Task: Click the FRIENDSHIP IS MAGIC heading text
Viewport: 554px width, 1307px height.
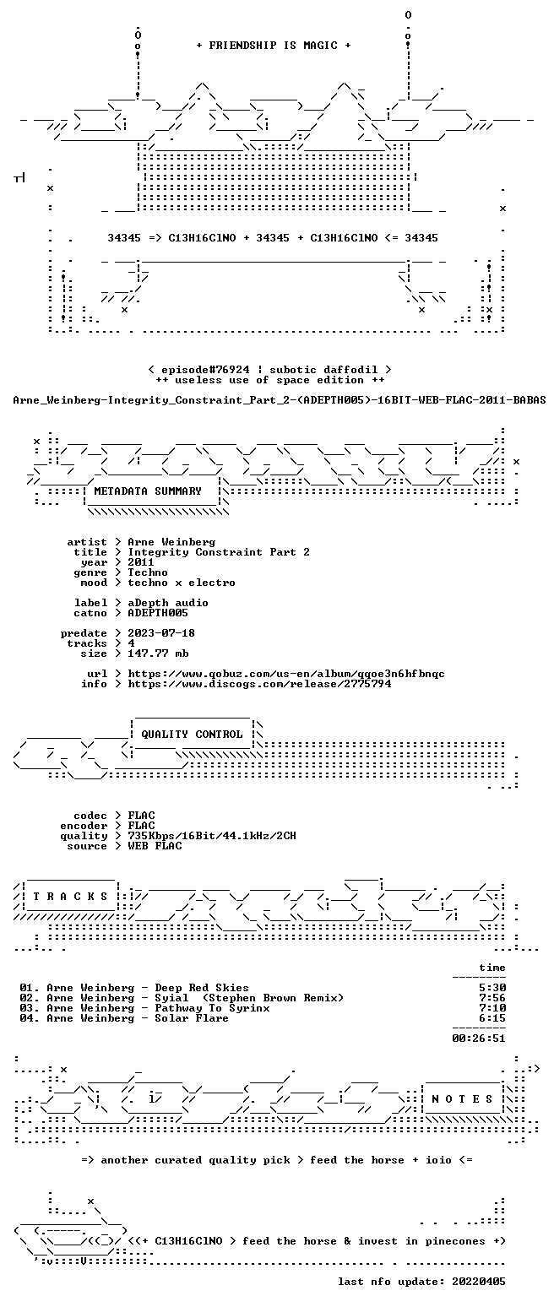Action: click(x=274, y=46)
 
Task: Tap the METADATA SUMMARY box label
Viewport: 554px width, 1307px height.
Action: click(x=148, y=491)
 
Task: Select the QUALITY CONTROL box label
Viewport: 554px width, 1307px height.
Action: click(x=192, y=735)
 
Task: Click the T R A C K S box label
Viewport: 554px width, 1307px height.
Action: click(x=70, y=896)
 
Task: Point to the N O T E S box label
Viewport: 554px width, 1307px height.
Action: click(x=462, y=1098)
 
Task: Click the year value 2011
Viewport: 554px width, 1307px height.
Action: click(x=141, y=562)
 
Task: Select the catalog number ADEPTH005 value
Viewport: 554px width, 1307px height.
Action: click(x=158, y=613)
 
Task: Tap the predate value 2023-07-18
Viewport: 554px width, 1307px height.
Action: click(x=161, y=633)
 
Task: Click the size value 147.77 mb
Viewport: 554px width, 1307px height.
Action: click(x=158, y=653)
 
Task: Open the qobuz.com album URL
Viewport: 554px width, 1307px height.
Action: click(x=286, y=674)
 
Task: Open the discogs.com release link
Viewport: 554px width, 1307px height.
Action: click(x=259, y=684)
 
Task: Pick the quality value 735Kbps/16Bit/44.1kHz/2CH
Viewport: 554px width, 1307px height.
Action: click(x=212, y=836)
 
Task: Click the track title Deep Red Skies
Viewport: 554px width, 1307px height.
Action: click(x=202, y=988)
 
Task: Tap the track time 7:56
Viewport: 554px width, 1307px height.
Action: click(x=492, y=998)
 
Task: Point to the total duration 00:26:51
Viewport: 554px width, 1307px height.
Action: click(x=479, y=1038)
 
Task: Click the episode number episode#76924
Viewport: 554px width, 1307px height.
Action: click(x=205, y=370)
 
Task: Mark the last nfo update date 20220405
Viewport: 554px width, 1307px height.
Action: click(x=479, y=1282)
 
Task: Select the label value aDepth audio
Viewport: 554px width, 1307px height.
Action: click(x=168, y=603)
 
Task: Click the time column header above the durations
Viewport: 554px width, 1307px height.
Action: click(x=492, y=968)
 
